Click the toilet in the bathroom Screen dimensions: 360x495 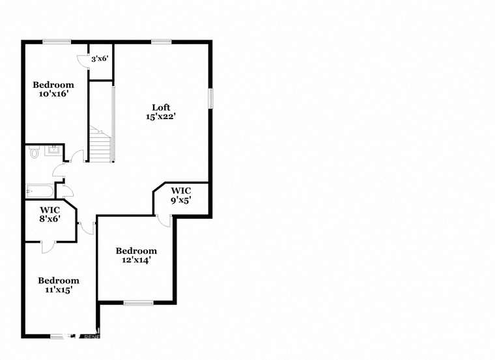(x=35, y=153)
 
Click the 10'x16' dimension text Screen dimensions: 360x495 (x=53, y=94)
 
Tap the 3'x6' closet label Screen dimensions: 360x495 (x=100, y=59)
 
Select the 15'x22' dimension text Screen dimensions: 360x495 (x=162, y=117)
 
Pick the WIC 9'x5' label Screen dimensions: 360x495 (x=181, y=195)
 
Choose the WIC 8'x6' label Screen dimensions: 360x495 (x=50, y=215)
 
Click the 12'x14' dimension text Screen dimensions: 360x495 (x=136, y=260)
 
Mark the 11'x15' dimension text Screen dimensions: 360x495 (x=58, y=290)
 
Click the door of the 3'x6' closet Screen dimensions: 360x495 (x=83, y=60)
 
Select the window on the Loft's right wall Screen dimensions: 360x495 (x=210, y=98)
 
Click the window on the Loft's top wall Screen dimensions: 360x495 (x=161, y=42)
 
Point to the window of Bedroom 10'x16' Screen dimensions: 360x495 (x=57, y=42)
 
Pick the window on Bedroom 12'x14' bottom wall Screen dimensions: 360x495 (x=138, y=302)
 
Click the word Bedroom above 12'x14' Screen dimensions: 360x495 (x=136, y=251)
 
